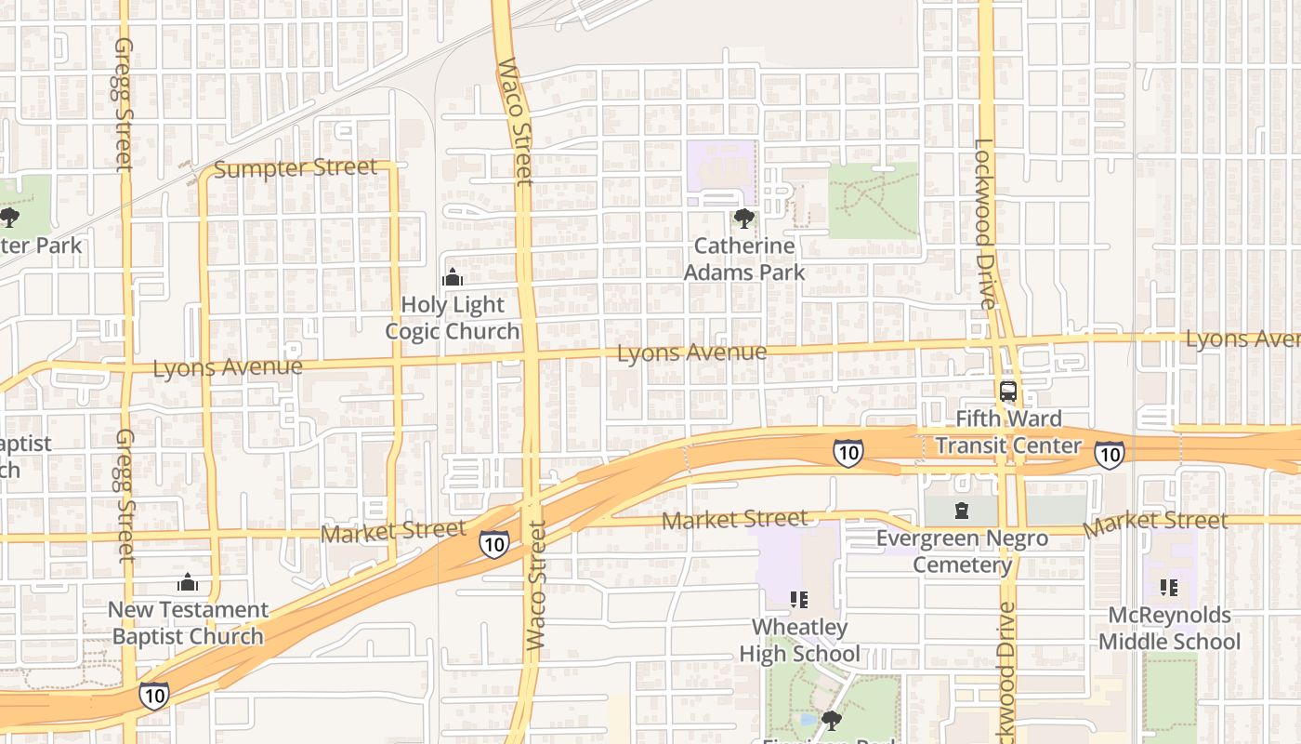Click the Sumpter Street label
pos(296,168)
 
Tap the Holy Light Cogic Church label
pos(453,318)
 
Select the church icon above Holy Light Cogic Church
pos(453,277)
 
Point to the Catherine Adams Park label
pos(744,259)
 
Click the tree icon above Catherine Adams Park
pos(743,219)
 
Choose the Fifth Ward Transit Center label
pos(1008,432)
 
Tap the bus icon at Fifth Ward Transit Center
pos(1008,392)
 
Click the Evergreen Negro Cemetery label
pos(962,551)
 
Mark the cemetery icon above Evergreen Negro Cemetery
pos(962,510)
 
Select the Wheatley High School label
pos(799,640)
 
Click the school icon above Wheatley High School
pos(799,599)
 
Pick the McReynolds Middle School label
pos(1169,629)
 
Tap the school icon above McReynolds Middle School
pos(1169,588)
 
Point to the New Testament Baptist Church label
pos(188,623)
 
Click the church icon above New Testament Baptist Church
pos(188,583)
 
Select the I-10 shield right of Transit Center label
pos(1109,454)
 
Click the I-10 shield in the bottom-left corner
pos(154,695)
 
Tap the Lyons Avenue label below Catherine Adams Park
pos(691,353)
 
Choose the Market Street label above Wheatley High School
pos(734,519)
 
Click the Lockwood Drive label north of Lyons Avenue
pos(984,223)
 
